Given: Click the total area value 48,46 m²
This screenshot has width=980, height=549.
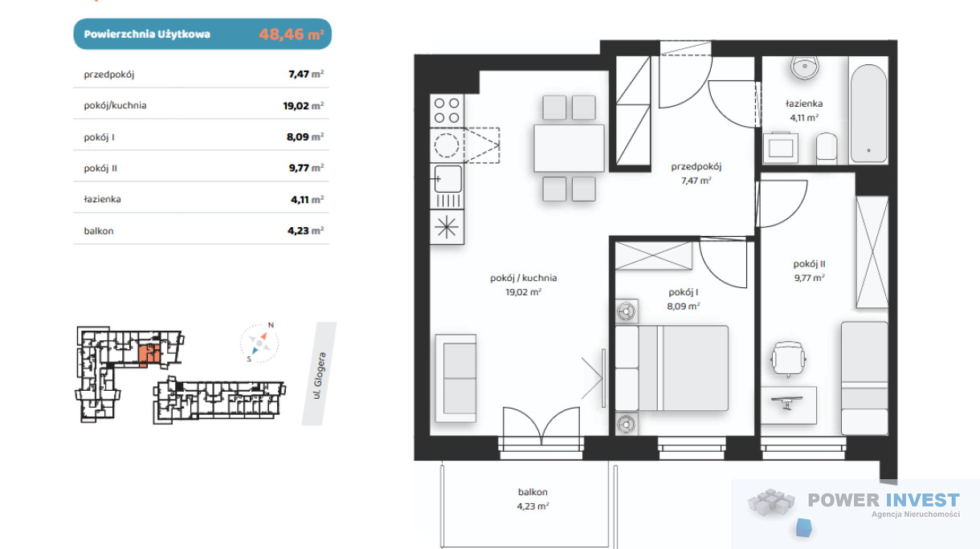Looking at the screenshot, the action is point(292,34).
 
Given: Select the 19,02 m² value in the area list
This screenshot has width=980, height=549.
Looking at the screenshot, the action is point(303,105).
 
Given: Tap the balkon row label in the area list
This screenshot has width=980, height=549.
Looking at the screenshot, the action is point(99,231).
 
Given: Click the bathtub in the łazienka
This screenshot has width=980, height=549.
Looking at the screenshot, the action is point(868,113).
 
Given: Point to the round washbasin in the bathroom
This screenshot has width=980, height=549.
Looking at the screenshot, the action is point(805,67).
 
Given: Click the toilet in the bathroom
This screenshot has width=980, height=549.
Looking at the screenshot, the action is point(827,148).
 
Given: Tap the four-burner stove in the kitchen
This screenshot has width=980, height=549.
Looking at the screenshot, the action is point(447,111).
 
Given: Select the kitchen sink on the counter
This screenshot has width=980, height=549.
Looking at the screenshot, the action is point(447,179).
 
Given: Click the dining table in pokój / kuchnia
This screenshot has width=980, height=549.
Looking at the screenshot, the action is point(569,148).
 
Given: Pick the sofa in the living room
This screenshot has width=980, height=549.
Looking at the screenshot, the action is point(455,378).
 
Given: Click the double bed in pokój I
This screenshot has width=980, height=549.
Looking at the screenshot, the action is point(672,368).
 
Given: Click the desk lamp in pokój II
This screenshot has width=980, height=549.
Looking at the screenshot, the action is point(787,402).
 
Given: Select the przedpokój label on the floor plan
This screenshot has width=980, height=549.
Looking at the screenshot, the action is point(696,166).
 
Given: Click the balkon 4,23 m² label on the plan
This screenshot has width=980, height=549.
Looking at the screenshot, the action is point(533,498).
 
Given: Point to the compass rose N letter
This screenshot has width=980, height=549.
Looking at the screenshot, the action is point(271,325).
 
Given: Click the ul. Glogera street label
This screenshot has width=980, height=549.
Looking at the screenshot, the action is point(320,376).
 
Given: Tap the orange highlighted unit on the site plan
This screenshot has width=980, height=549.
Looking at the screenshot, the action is point(149,355).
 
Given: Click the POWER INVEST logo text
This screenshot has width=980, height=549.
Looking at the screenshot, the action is point(884,500).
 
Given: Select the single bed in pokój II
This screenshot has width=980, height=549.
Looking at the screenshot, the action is point(864,378).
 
